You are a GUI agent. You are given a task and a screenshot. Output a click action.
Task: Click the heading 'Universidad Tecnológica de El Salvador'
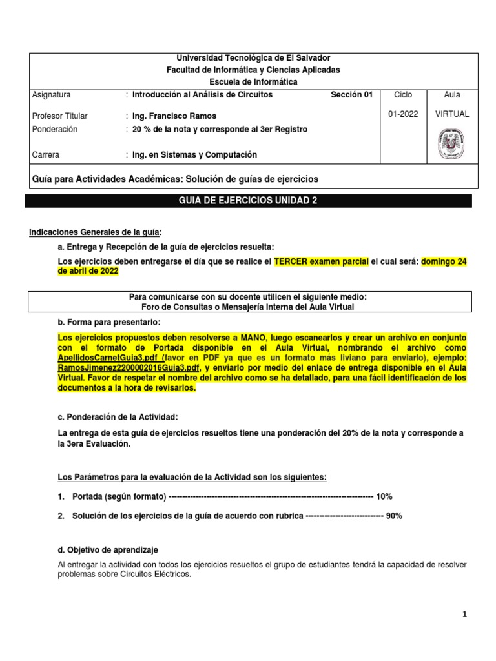coord(249,58)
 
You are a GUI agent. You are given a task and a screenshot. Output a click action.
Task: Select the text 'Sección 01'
coord(351,95)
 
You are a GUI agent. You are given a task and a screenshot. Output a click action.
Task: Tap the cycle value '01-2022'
coord(403,114)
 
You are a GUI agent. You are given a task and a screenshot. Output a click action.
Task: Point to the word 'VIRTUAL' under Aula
coord(452,114)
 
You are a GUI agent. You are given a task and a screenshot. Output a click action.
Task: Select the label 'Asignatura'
coord(51,95)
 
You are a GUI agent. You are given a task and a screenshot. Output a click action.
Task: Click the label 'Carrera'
coord(45,155)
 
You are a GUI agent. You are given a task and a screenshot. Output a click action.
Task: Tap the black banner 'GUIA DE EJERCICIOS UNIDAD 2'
coord(248,201)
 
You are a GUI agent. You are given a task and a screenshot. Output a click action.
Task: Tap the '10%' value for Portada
coord(384,496)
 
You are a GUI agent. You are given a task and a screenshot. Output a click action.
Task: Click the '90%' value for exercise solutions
coord(394,516)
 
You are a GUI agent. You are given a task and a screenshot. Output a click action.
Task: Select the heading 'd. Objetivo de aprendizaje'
coord(108,550)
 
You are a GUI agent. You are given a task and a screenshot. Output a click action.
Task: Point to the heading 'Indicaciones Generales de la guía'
coord(96,232)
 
